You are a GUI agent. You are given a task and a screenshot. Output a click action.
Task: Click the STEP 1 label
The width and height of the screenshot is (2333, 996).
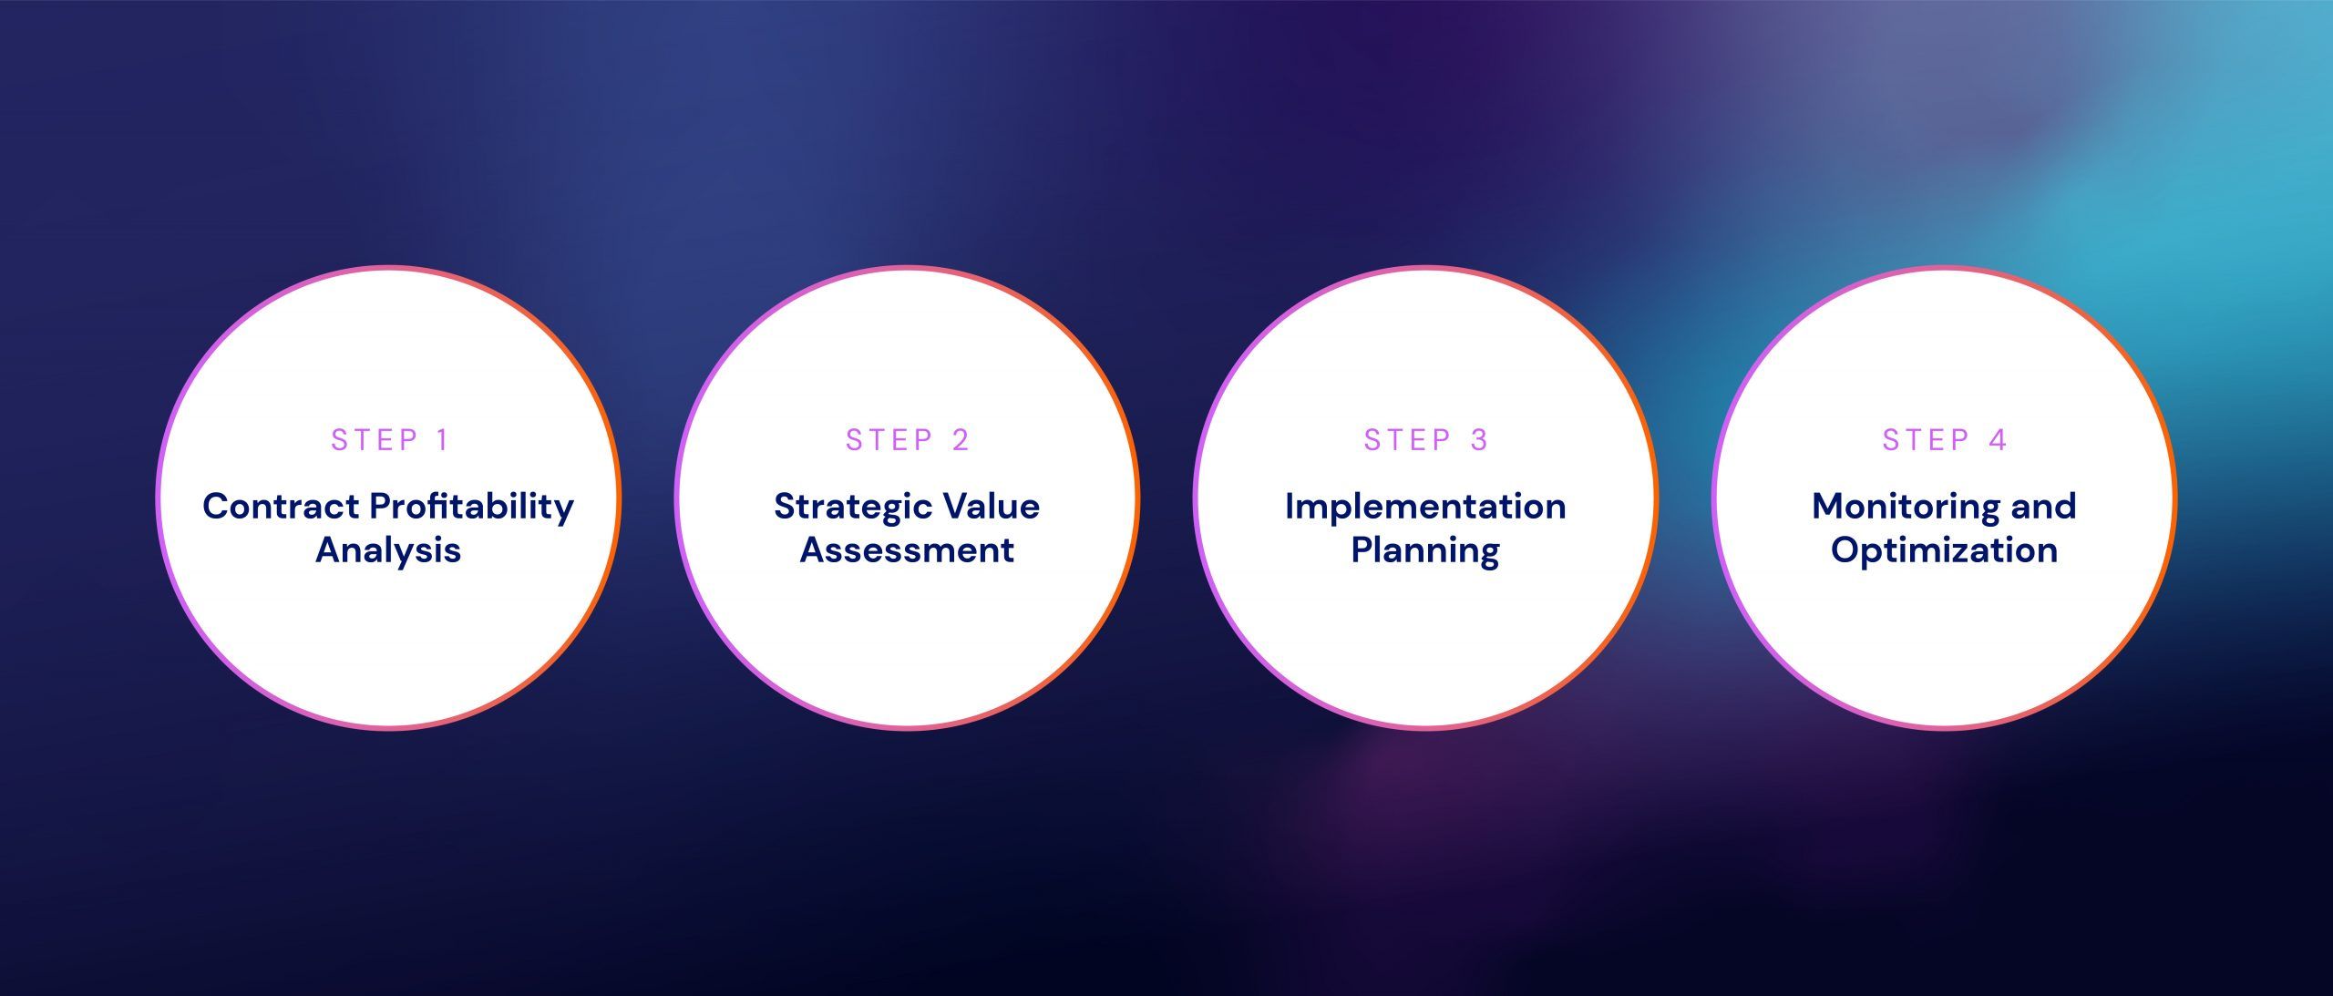point(389,440)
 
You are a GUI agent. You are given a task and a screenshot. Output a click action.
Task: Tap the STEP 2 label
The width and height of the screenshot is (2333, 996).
point(907,440)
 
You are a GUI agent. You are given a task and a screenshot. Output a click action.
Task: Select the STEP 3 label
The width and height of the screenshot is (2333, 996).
point(1425,440)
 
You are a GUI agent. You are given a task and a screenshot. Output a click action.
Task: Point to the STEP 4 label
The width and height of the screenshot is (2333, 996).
point(1944,440)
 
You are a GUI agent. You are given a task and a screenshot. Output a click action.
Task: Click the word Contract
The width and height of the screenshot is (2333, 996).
point(280,506)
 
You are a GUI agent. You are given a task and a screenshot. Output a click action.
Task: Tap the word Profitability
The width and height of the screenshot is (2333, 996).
point(472,508)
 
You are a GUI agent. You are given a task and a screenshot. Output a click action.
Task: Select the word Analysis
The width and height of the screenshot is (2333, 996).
point(388,551)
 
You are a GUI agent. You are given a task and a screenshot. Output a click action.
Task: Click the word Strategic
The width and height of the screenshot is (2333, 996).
point(852,508)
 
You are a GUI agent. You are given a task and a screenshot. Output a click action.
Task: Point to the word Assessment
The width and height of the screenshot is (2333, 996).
point(907,550)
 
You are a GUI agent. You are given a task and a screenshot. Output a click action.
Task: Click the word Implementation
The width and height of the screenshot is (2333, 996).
point(1425,508)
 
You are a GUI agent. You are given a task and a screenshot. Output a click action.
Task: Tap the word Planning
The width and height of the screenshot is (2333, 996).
point(1425,551)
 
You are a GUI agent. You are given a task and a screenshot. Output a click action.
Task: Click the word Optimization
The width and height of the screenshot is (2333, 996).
point(1944,551)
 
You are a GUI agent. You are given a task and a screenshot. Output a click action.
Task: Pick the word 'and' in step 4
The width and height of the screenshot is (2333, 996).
point(2043,506)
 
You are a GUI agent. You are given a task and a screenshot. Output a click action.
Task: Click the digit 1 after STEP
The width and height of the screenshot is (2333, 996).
point(443,440)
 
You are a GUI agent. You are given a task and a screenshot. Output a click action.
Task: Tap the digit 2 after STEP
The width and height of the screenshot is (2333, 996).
point(961,440)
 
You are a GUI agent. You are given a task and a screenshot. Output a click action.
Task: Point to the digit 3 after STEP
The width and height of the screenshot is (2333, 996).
point(1479,440)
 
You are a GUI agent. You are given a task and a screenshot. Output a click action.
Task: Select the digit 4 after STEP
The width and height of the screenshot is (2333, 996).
point(1998,440)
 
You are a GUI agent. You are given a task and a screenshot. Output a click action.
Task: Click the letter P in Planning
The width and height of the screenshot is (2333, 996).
point(1362,549)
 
